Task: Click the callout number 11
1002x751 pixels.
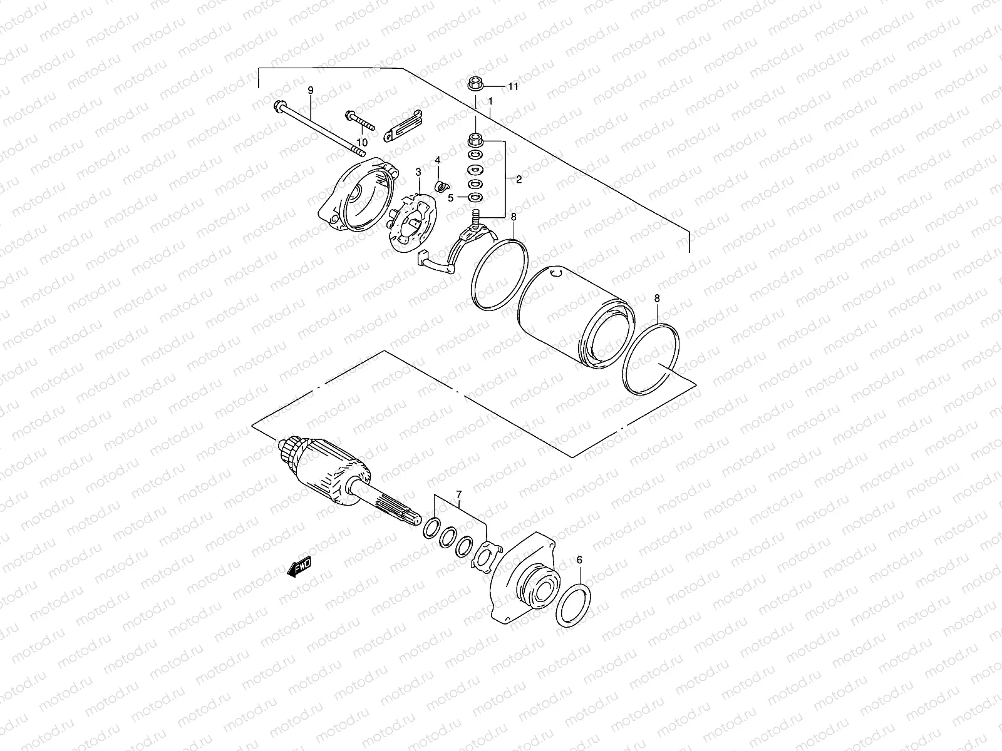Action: [x=513, y=87]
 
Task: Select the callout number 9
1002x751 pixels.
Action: [x=309, y=91]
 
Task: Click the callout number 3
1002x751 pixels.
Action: [x=418, y=171]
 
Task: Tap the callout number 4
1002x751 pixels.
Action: [x=438, y=161]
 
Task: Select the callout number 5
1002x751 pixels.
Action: [x=450, y=198]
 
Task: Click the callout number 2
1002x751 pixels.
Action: [x=519, y=180]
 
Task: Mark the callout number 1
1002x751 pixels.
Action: [x=490, y=101]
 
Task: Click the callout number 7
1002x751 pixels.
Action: [x=458, y=495]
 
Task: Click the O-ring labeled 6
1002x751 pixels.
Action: [x=572, y=606]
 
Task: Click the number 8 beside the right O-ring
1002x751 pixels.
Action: [x=656, y=298]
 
